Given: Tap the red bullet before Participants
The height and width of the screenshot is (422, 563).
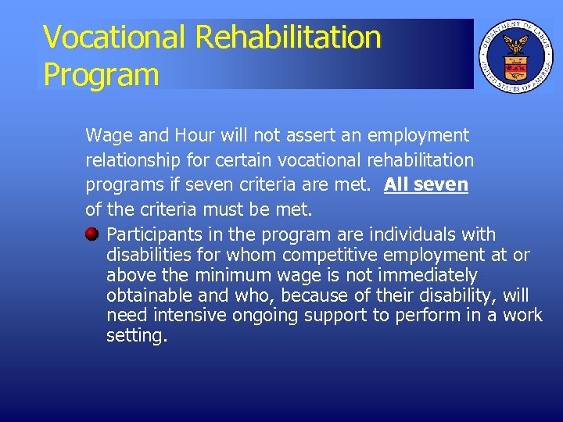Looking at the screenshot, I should click(x=92, y=234).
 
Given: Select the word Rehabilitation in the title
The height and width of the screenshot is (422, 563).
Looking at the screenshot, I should click(x=289, y=38).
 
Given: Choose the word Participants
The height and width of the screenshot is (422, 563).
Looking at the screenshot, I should click(x=153, y=234).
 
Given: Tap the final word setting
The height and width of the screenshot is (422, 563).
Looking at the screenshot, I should click(x=136, y=337).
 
